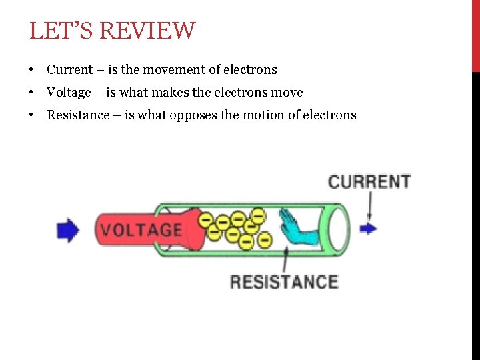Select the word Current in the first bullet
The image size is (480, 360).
tap(69, 70)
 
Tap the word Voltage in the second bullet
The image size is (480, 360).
tap(69, 93)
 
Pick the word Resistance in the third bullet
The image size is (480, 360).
tap(77, 115)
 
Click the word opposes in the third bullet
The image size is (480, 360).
tap(193, 115)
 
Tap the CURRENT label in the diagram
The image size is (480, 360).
tap(369, 181)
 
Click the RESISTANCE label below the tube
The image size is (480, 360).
tap(284, 281)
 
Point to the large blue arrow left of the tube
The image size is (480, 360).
tap(68, 230)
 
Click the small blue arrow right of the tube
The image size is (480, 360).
tap(368, 229)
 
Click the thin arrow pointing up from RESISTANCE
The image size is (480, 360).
tap(286, 259)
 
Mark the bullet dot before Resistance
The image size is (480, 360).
tap(31, 116)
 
